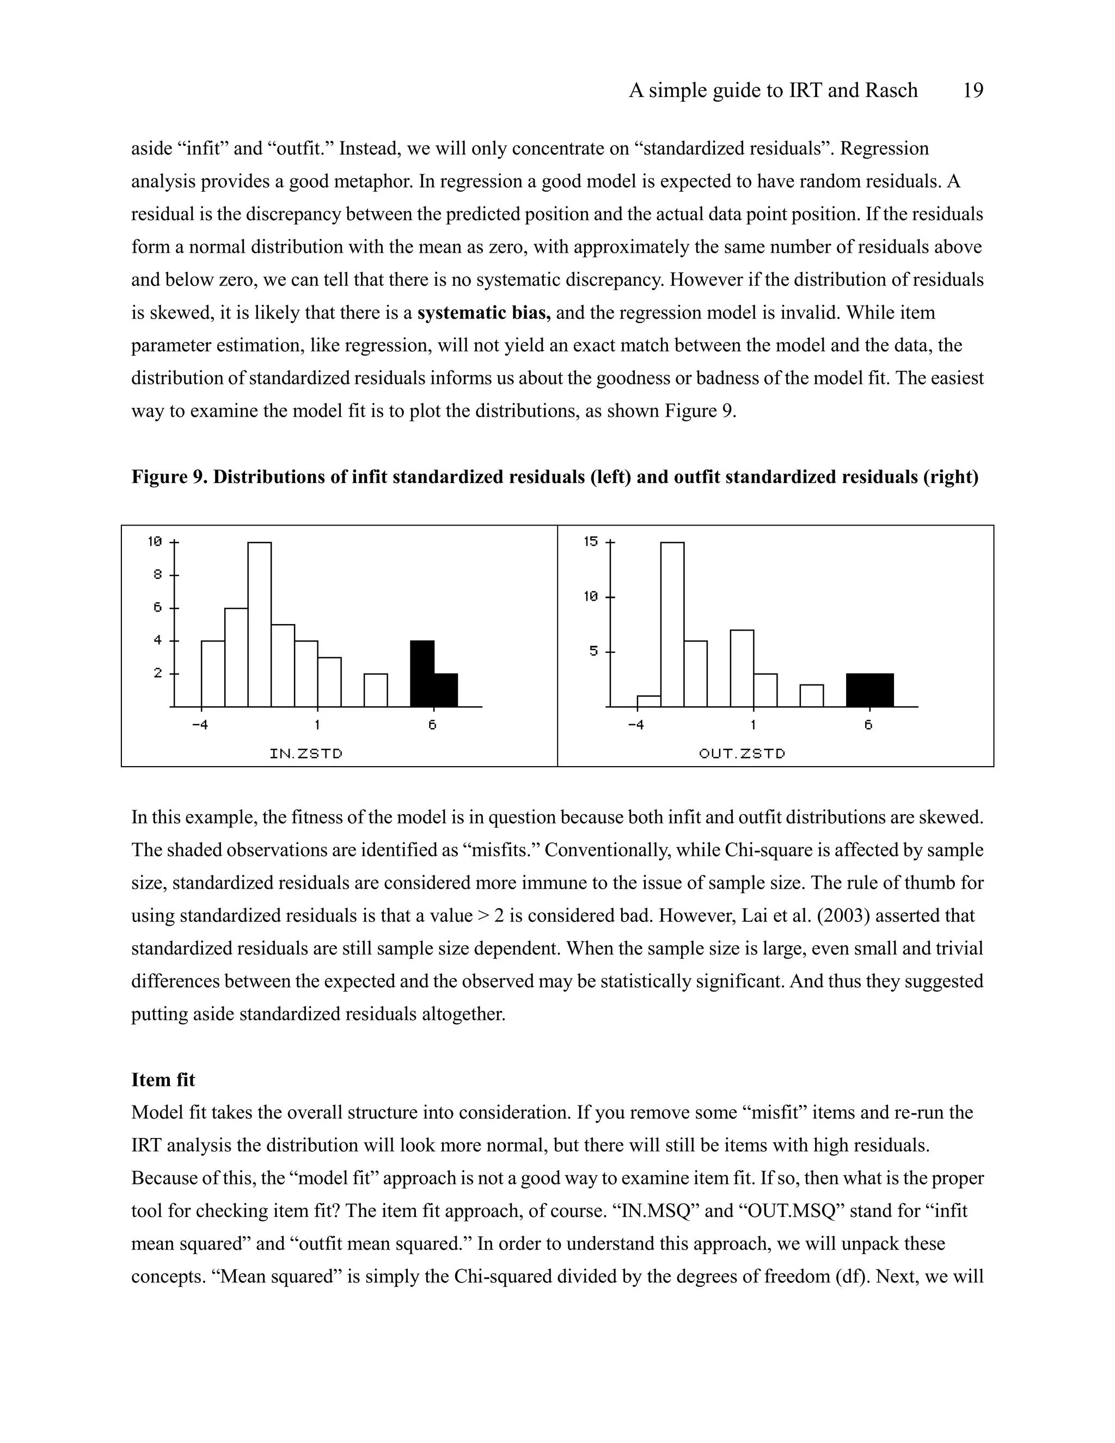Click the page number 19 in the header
[x=973, y=90]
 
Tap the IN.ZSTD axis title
[x=307, y=753]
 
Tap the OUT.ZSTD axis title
[x=743, y=753]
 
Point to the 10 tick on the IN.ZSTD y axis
[x=155, y=542]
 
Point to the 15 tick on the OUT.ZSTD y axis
[x=591, y=542]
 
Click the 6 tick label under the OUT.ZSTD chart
[x=868, y=725]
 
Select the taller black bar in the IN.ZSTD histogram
[x=422, y=672]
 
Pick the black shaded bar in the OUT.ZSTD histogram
[x=870, y=690]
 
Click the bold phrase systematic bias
[x=483, y=313]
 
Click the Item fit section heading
[x=163, y=1080]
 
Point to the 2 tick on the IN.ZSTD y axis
[x=158, y=673]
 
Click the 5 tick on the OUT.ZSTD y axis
[x=594, y=651]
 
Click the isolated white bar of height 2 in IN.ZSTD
[x=376, y=690]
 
